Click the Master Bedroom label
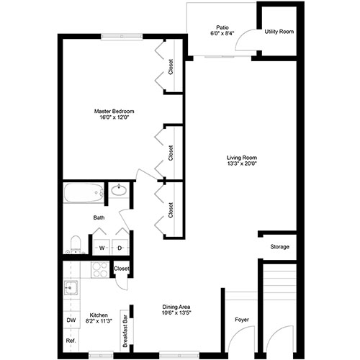point(114,112)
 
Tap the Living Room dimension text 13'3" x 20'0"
point(242,164)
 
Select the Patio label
point(222,27)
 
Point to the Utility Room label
point(279,32)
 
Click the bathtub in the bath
point(84,193)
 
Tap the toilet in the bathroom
point(76,245)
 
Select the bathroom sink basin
point(119,191)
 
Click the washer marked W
point(102,248)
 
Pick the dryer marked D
point(120,248)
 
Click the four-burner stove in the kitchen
point(100,270)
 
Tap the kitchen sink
point(71,287)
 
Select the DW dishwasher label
point(71,320)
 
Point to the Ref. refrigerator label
point(71,341)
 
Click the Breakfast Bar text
point(125,331)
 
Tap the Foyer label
point(242,320)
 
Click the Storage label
point(279,247)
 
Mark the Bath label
point(99,217)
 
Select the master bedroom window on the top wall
point(122,36)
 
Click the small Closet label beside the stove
point(122,269)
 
